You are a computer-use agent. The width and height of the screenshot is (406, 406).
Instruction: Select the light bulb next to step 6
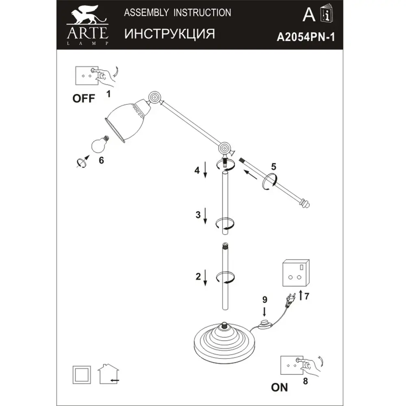click(x=100, y=144)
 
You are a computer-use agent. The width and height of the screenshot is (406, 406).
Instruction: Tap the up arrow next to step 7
click(x=300, y=296)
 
